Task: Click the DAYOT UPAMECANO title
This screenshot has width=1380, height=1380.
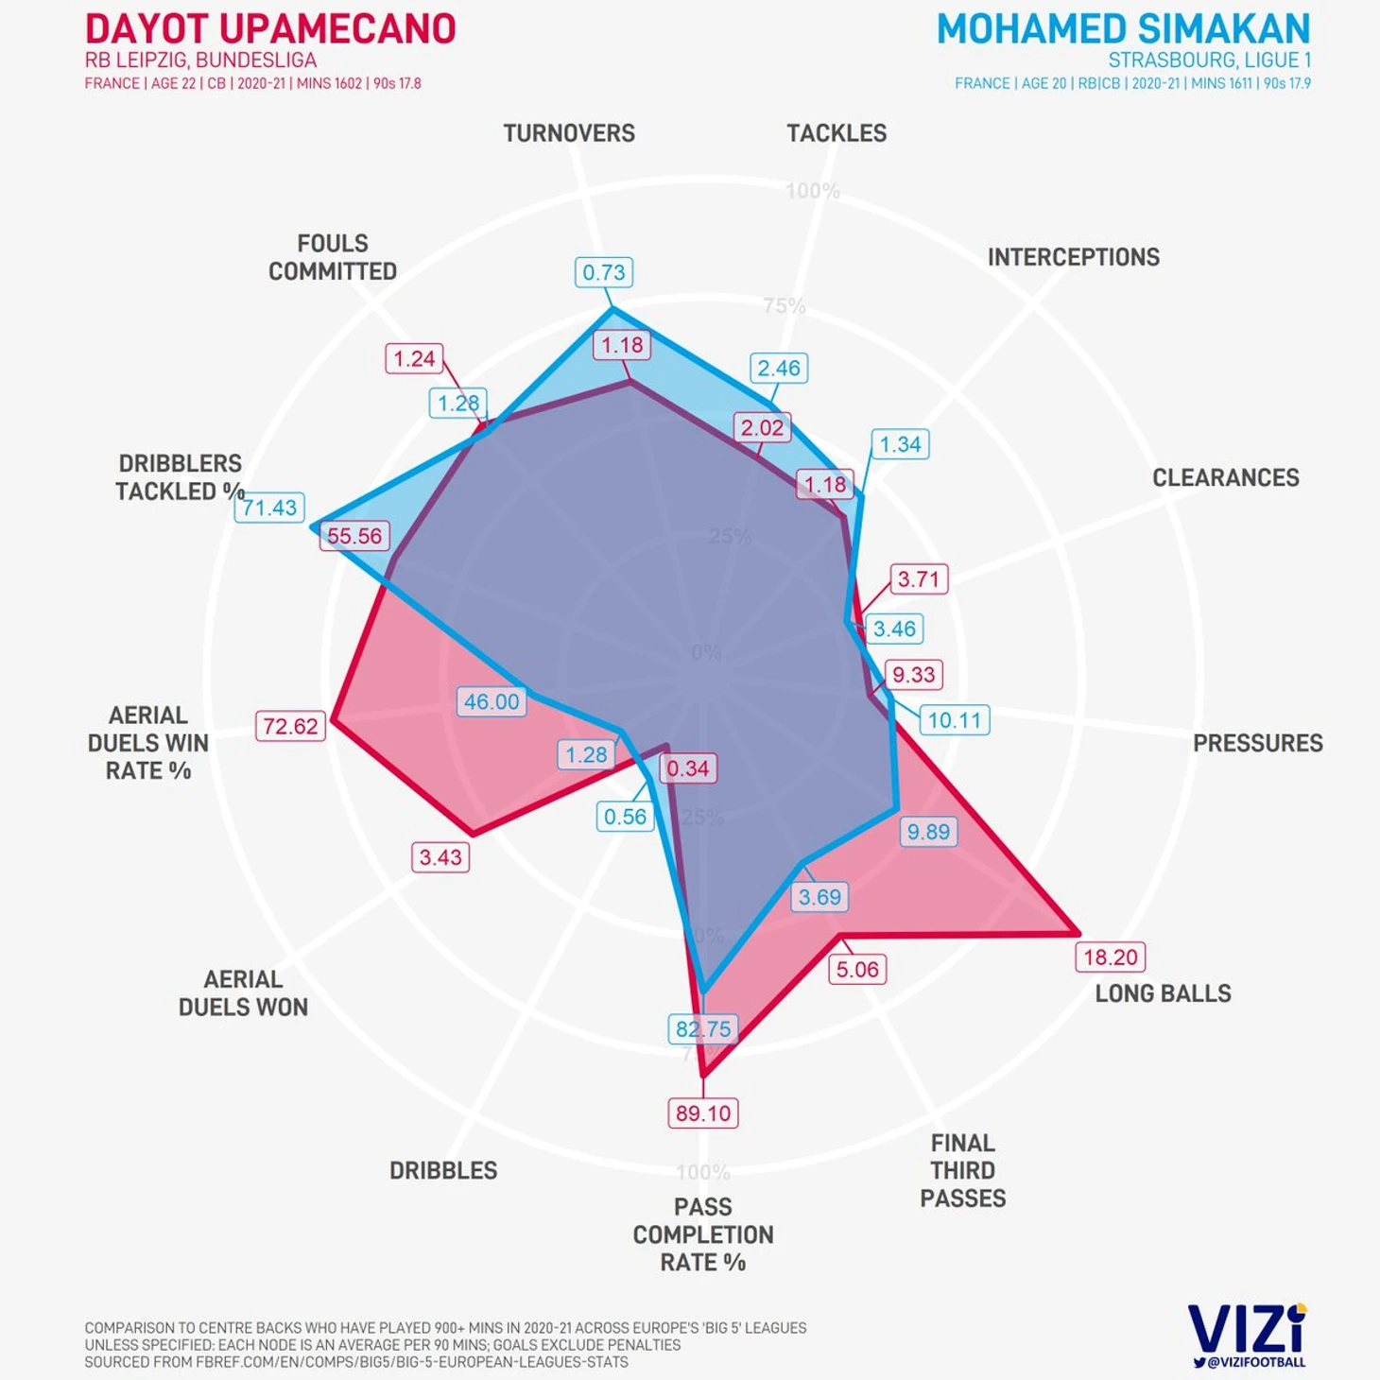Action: [270, 29]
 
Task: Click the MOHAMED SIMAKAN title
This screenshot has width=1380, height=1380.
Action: [1123, 29]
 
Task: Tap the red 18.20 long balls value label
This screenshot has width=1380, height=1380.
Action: [1110, 957]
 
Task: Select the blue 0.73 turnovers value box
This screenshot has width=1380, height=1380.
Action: [604, 272]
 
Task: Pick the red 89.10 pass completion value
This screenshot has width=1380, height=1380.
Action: [702, 1113]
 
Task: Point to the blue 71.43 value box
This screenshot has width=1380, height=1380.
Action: [269, 508]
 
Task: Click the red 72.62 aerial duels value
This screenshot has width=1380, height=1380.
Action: [290, 726]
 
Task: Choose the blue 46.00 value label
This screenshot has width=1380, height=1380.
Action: [492, 701]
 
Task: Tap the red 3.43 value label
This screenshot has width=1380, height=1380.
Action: [440, 857]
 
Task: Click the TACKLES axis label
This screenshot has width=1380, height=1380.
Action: [837, 133]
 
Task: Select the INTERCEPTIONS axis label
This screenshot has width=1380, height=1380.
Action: [1073, 257]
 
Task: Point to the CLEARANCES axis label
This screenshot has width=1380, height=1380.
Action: [1225, 477]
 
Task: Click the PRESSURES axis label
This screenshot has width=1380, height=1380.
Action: [1257, 743]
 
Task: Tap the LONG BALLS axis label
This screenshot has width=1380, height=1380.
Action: [1163, 993]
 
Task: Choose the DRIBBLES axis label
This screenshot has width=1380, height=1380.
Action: [443, 1170]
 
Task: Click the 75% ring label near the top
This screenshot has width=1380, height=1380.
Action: [785, 305]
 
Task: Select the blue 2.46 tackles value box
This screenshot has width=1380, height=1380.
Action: [779, 368]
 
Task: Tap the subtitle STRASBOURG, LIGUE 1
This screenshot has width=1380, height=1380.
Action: [1209, 60]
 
